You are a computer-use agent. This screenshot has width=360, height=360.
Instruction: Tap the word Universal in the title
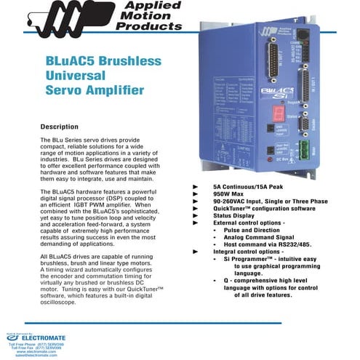pos(74,76)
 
